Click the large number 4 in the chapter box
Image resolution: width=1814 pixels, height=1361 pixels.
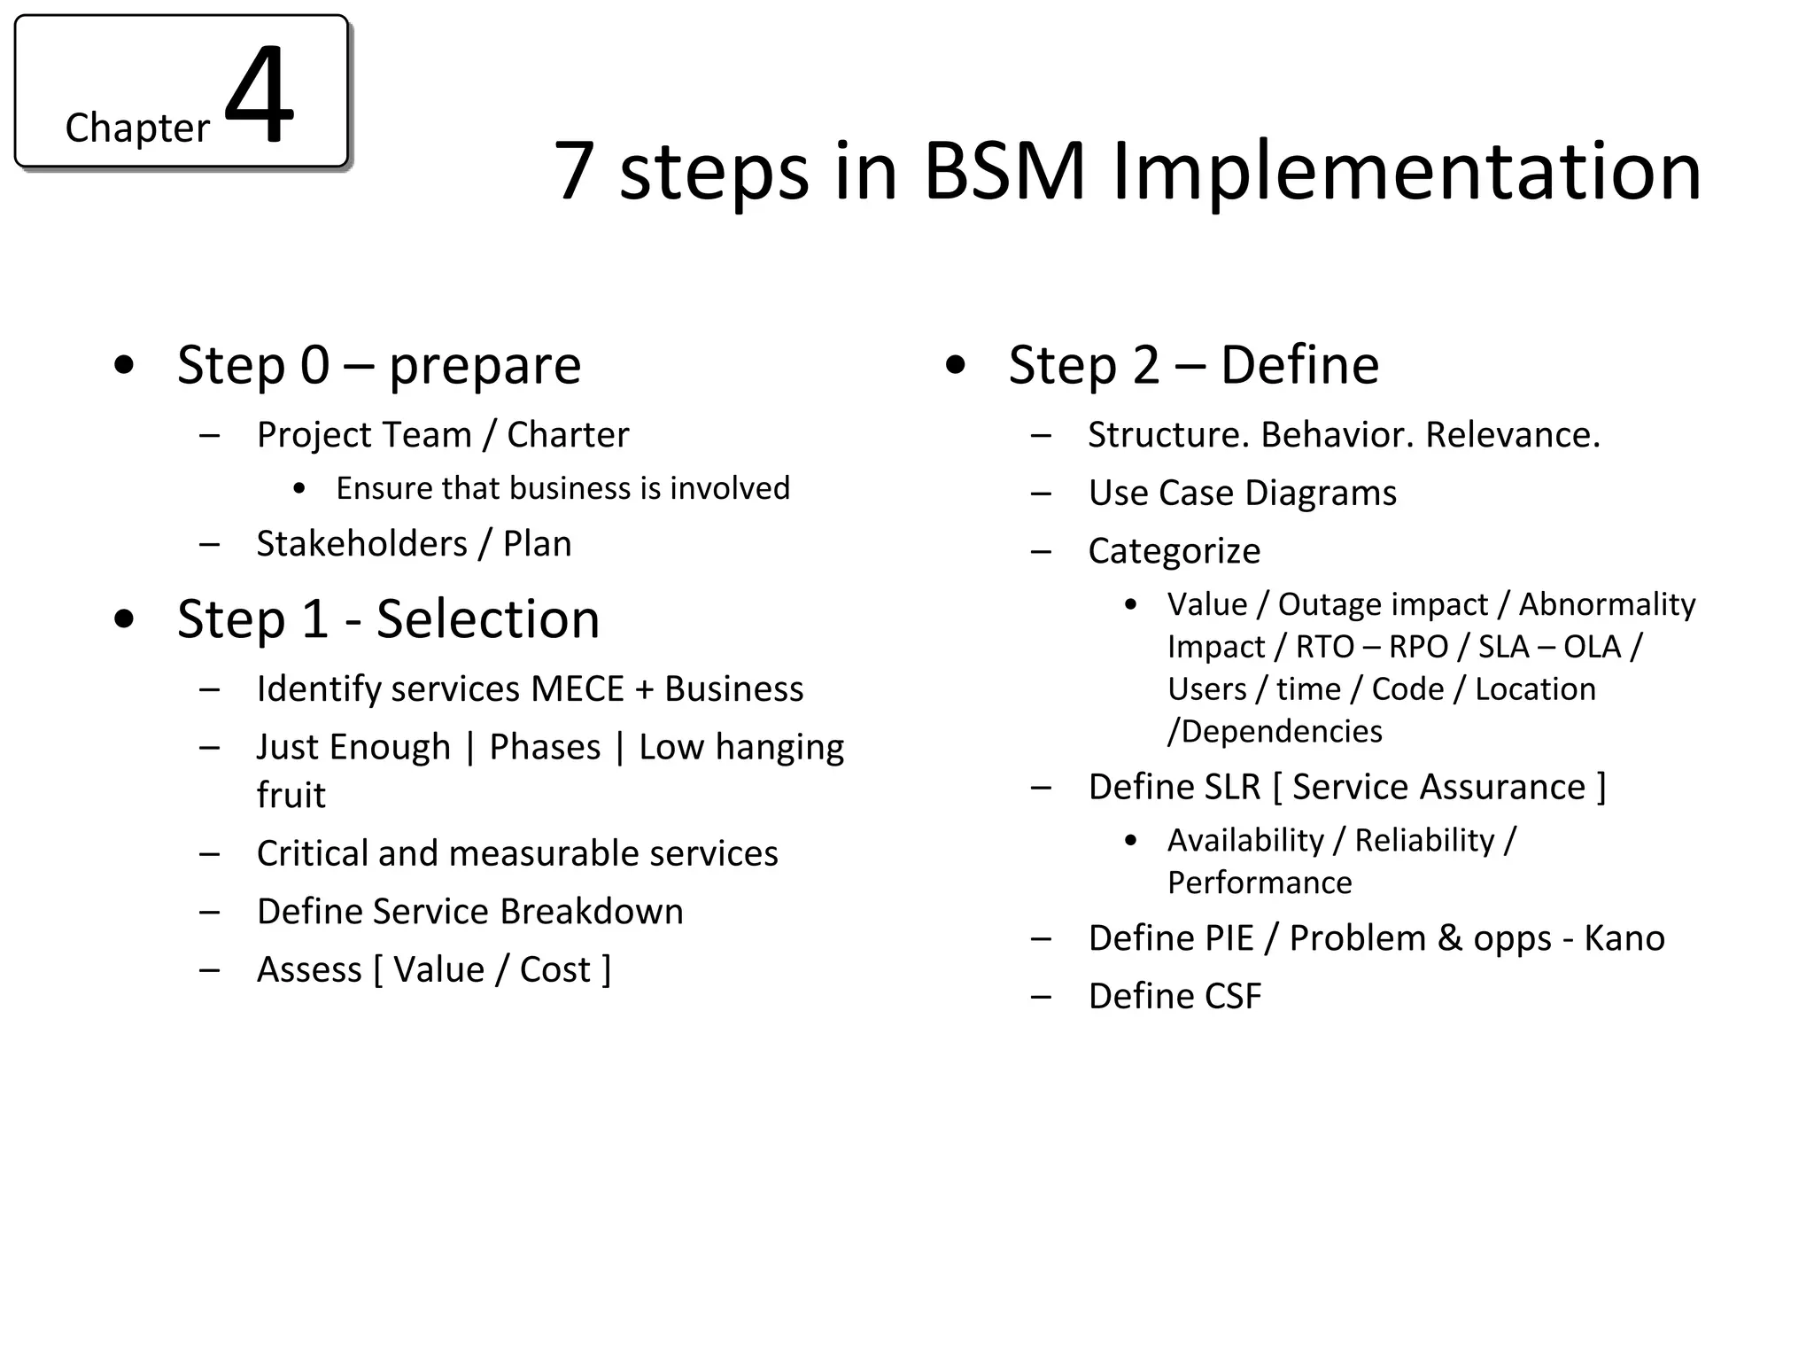point(259,95)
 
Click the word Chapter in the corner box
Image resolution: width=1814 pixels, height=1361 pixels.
point(136,128)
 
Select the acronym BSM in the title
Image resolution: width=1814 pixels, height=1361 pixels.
point(1004,171)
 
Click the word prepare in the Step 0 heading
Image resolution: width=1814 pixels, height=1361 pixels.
point(485,366)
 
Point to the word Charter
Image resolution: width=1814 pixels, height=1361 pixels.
point(568,435)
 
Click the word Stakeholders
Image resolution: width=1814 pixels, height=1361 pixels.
point(361,544)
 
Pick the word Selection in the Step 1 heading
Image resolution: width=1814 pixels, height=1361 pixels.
point(488,618)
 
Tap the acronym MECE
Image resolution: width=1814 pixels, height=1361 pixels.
point(578,689)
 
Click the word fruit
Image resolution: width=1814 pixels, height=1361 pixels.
point(291,795)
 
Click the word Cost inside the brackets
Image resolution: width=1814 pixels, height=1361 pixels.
point(554,970)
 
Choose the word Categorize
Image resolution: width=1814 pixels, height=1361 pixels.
point(1174,551)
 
